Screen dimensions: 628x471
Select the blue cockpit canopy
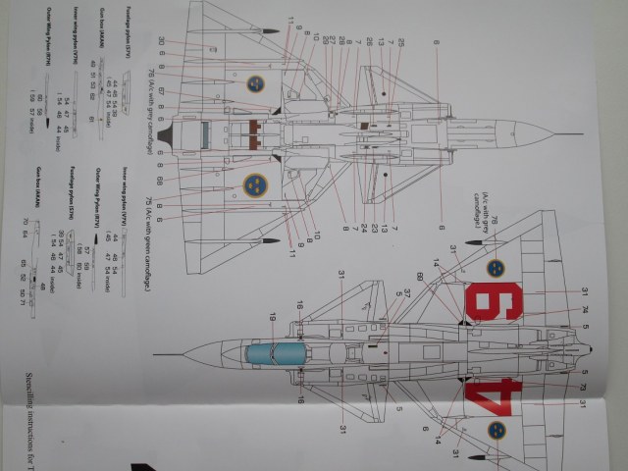click(260, 352)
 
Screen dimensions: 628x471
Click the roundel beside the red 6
click(496, 267)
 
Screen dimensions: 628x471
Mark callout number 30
click(160, 40)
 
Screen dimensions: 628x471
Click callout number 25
click(400, 44)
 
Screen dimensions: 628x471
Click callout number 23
click(376, 228)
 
